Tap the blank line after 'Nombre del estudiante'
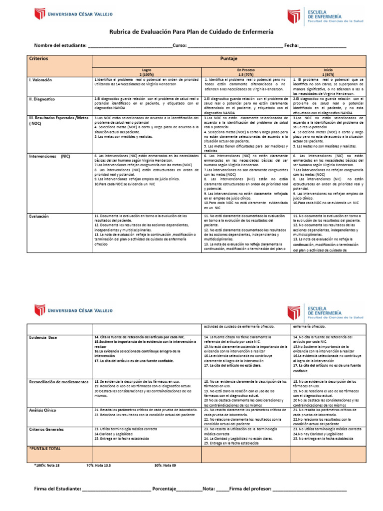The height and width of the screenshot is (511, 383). pos(130,46)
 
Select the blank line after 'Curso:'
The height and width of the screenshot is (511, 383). pos(235,46)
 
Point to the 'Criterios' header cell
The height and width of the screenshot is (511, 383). pos(38,58)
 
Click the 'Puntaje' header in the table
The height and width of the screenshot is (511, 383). pos(229,58)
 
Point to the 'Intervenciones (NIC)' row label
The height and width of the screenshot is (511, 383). pos(49,156)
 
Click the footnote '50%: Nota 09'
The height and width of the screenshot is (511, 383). pos(165,465)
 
